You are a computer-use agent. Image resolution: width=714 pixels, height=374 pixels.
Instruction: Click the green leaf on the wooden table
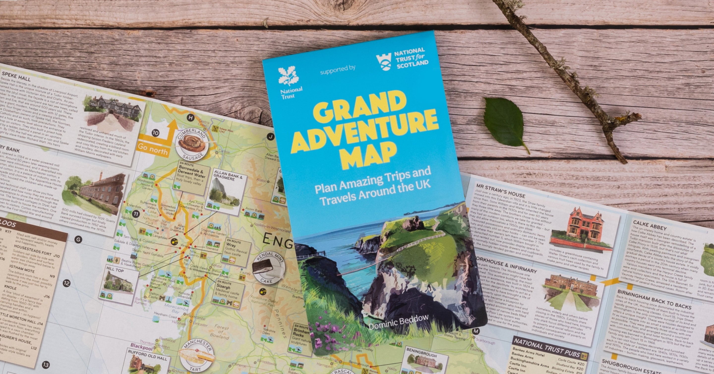click(x=505, y=122)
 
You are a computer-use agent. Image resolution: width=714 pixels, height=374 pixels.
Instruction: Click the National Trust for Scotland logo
click(x=384, y=62)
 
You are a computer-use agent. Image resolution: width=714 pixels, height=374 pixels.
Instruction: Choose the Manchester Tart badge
click(x=197, y=355)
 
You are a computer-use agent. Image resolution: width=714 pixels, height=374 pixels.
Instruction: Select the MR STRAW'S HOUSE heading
click(x=500, y=190)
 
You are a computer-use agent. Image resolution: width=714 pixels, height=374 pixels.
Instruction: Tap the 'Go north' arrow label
click(x=153, y=149)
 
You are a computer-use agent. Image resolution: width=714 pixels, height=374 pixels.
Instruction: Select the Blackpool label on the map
click(x=141, y=347)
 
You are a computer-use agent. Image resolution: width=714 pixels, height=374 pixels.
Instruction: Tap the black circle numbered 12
click(x=66, y=283)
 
